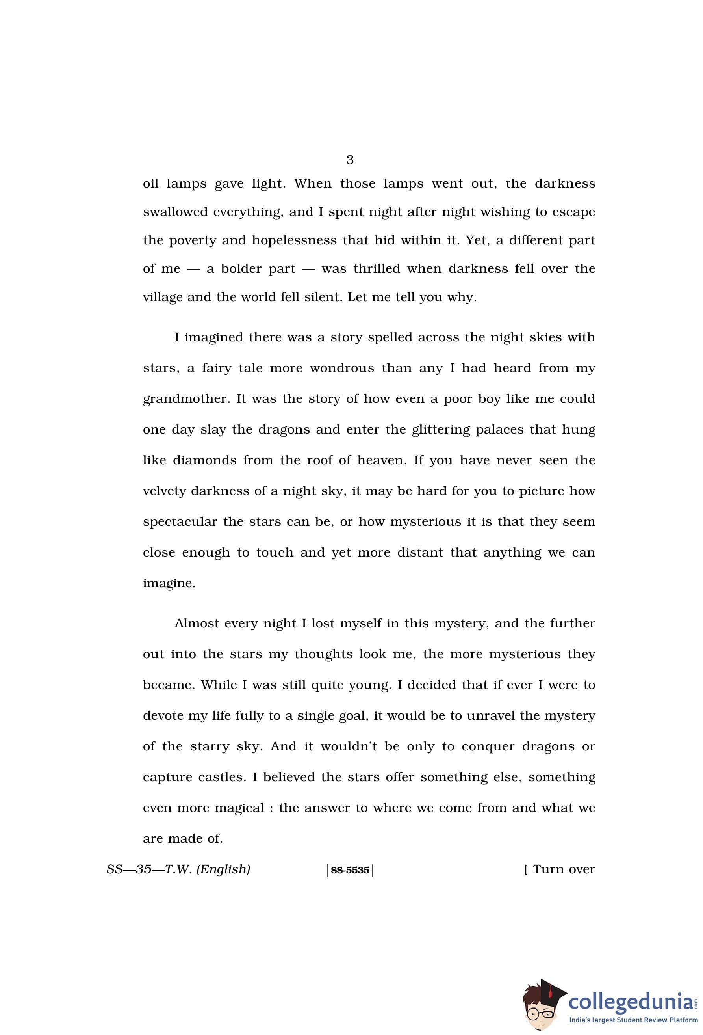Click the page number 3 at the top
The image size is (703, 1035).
point(350,160)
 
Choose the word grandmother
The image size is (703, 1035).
point(186,398)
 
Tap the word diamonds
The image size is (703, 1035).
point(204,460)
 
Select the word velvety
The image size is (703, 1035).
point(164,491)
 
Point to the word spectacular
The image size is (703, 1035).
point(180,522)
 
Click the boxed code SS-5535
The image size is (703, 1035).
point(350,870)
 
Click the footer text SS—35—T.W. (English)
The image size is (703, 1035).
point(178,869)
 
